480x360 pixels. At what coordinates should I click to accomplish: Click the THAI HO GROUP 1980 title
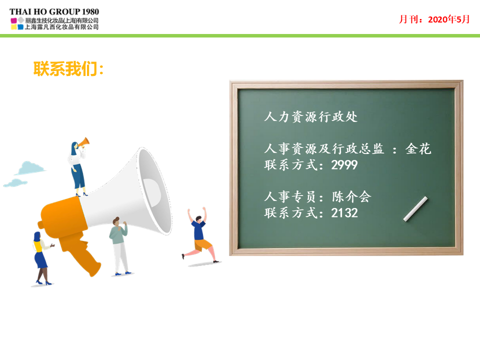(x=54, y=11)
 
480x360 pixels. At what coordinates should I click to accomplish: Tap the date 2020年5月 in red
(x=449, y=19)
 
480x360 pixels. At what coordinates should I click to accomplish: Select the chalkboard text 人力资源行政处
(x=310, y=116)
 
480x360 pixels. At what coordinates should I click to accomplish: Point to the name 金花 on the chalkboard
(x=418, y=149)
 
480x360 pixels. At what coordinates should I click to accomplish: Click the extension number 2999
(x=344, y=165)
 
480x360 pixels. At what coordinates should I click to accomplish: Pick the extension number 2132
(x=344, y=213)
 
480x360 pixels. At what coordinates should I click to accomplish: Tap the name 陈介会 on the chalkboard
(x=351, y=196)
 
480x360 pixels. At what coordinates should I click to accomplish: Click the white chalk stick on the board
(x=415, y=209)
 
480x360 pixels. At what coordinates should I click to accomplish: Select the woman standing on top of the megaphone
(x=78, y=168)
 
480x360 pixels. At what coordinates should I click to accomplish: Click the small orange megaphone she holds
(x=83, y=142)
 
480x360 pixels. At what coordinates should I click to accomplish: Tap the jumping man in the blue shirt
(x=200, y=235)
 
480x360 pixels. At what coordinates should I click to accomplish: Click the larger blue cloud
(x=30, y=168)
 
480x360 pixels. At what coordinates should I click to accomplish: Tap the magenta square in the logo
(x=14, y=21)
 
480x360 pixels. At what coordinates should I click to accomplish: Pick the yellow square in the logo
(x=14, y=27)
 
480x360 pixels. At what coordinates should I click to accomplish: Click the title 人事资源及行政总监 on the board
(x=324, y=149)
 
